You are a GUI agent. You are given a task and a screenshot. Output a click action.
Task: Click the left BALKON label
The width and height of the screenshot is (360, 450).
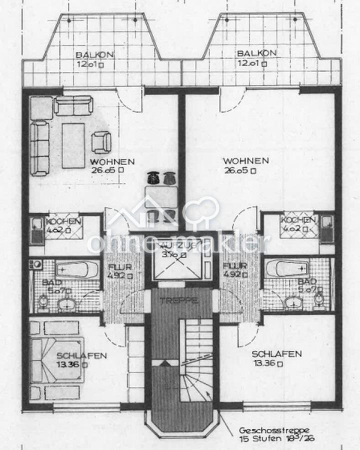pos(94,54)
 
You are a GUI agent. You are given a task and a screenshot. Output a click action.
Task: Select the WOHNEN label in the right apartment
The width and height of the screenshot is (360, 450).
pos(246,161)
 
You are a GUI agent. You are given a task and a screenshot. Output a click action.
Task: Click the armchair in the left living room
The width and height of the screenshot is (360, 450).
pos(102,141)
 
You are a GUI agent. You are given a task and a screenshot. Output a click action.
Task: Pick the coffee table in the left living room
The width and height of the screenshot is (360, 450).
pos(73,145)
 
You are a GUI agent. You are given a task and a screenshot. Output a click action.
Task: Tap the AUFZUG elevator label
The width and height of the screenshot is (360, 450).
pos(171,245)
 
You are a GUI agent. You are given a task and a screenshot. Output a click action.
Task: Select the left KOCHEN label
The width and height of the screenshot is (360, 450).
pos(62,221)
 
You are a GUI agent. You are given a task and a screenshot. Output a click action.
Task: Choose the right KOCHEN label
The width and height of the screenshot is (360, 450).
pos(298,220)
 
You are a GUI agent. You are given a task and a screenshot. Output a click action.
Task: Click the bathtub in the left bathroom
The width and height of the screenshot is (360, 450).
pos(73,270)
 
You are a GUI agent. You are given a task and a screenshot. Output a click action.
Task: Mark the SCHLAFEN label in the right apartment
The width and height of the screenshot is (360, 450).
pos(276,354)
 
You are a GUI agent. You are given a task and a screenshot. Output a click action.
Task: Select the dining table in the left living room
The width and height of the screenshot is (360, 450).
pos(161,196)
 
